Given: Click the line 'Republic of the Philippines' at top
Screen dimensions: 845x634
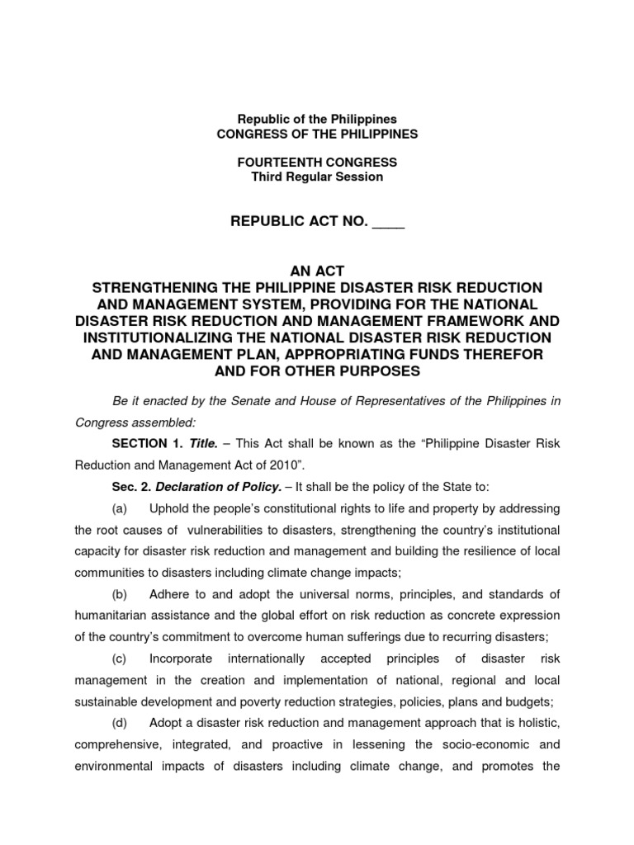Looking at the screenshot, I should click(317, 120).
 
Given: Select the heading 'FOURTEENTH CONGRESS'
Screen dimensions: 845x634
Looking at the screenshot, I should click(317, 163).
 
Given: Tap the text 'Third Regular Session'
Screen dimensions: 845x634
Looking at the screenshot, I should click(317, 177).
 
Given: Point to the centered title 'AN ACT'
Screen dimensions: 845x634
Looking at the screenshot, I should click(317, 271).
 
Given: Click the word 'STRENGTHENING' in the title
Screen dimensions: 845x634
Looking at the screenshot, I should click(147, 287).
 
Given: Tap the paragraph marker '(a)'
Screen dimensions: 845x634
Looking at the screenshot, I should click(121, 507).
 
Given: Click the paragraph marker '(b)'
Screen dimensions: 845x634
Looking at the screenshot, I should click(121, 593).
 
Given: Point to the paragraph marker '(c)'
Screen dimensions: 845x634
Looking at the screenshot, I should click(121, 659).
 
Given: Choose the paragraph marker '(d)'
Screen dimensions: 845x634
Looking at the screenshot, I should click(121, 723).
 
